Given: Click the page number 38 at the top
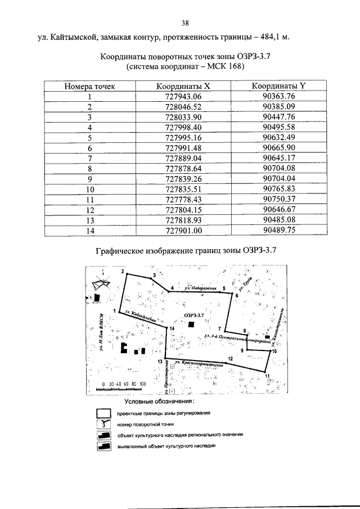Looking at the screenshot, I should (x=184, y=23).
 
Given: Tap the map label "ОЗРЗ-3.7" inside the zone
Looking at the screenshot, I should (x=193, y=316).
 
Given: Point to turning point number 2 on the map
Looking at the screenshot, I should (x=122, y=272).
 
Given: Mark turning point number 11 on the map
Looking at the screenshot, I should (x=267, y=375).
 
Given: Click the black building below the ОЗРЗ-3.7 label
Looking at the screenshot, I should (x=192, y=325).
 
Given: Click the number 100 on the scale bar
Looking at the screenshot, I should (x=142, y=384).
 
